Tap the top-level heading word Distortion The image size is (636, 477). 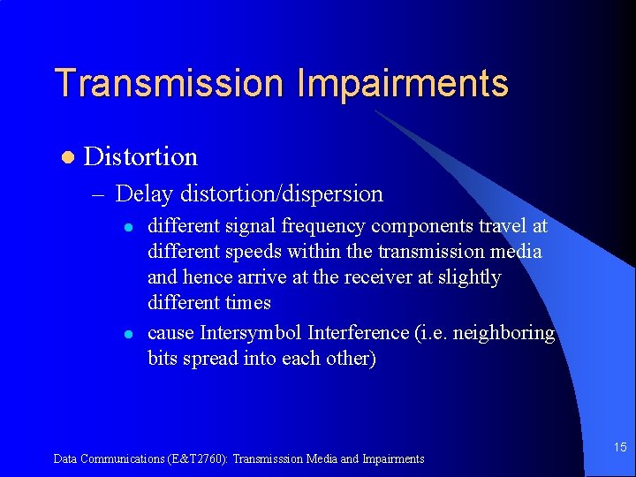140,157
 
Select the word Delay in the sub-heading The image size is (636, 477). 145,193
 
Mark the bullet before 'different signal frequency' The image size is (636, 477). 128,227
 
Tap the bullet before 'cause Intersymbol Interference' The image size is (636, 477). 128,334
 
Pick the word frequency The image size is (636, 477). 322,226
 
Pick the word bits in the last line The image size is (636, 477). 163,359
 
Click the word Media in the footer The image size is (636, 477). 320,458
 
